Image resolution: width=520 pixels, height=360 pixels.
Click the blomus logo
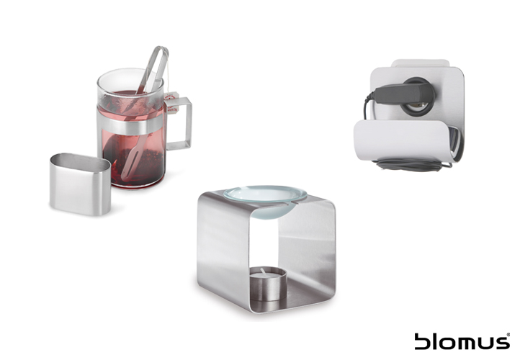coord(462,341)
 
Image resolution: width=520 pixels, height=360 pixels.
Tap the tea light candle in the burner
coord(268,284)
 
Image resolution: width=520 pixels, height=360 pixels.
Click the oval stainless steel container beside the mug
coord(81,184)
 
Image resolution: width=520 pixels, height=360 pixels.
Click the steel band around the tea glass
coord(131,125)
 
